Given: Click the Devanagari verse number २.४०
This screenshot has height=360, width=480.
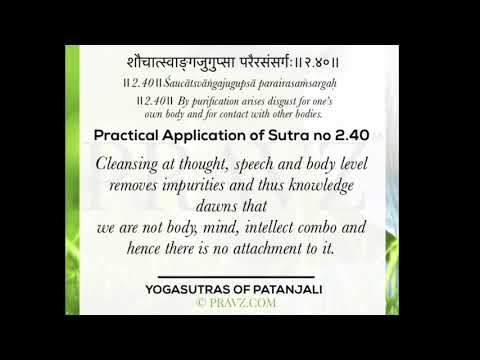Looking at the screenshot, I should pos(335,55).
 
